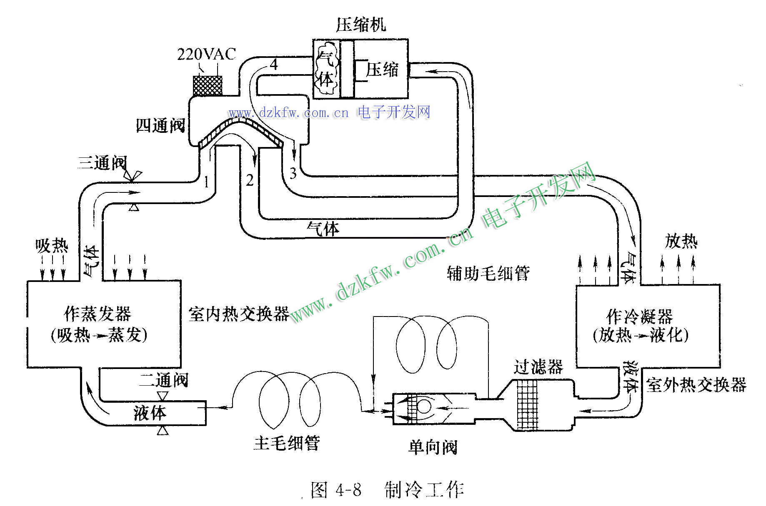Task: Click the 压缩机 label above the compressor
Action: click(x=361, y=25)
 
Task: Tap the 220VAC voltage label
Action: click(x=207, y=54)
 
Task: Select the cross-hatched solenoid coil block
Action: click(x=208, y=86)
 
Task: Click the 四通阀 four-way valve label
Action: click(x=161, y=125)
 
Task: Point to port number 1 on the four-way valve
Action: click(x=206, y=182)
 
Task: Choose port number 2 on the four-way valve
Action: click(x=250, y=180)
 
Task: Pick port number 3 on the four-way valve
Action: click(x=293, y=173)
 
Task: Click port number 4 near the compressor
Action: click(x=274, y=65)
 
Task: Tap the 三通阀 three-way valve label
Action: click(x=102, y=162)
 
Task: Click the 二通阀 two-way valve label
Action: click(x=163, y=380)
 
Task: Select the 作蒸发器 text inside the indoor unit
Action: click(x=98, y=314)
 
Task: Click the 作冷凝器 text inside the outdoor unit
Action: click(x=640, y=316)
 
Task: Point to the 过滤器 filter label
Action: click(x=538, y=367)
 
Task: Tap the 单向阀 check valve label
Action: click(x=433, y=447)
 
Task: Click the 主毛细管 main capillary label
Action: click(x=287, y=443)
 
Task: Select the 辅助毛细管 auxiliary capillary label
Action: click(x=488, y=273)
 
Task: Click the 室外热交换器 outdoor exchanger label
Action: click(x=696, y=385)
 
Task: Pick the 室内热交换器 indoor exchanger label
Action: click(x=239, y=314)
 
